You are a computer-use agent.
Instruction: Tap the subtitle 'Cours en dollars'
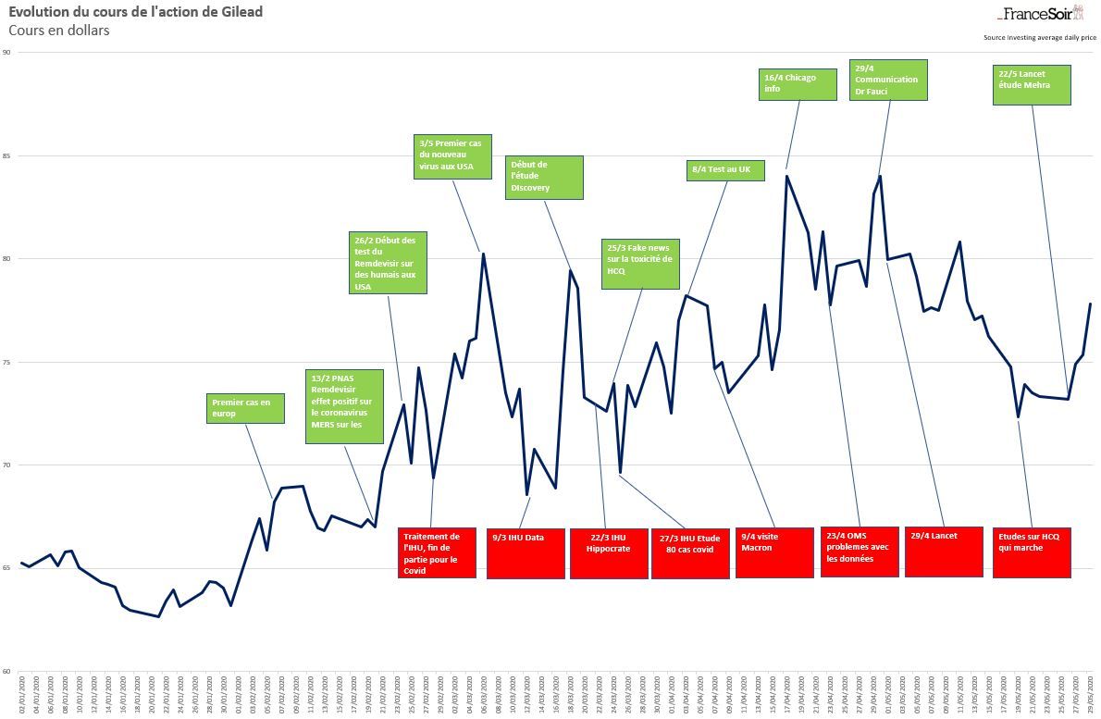pos(59,31)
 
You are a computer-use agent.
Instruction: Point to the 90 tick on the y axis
pos(6,53)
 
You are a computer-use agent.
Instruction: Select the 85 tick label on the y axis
pos(6,156)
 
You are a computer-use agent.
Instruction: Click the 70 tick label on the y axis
pos(6,465)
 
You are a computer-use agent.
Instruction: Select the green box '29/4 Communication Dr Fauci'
pos(888,80)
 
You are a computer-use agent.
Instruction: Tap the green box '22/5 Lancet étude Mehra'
pos(1031,84)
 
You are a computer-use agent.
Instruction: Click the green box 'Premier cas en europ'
pos(245,408)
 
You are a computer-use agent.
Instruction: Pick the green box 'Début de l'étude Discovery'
pos(544,177)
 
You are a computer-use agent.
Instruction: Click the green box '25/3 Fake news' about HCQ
pos(640,264)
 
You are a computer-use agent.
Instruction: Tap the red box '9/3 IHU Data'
pos(526,552)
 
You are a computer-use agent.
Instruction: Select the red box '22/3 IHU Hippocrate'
pos(608,552)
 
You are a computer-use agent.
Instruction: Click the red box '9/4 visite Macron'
pos(774,552)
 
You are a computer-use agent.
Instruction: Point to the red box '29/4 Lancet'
pos(943,552)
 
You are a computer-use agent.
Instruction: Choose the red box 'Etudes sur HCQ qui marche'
pos(1032,552)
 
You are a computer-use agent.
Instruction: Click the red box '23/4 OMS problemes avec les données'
pos(859,552)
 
